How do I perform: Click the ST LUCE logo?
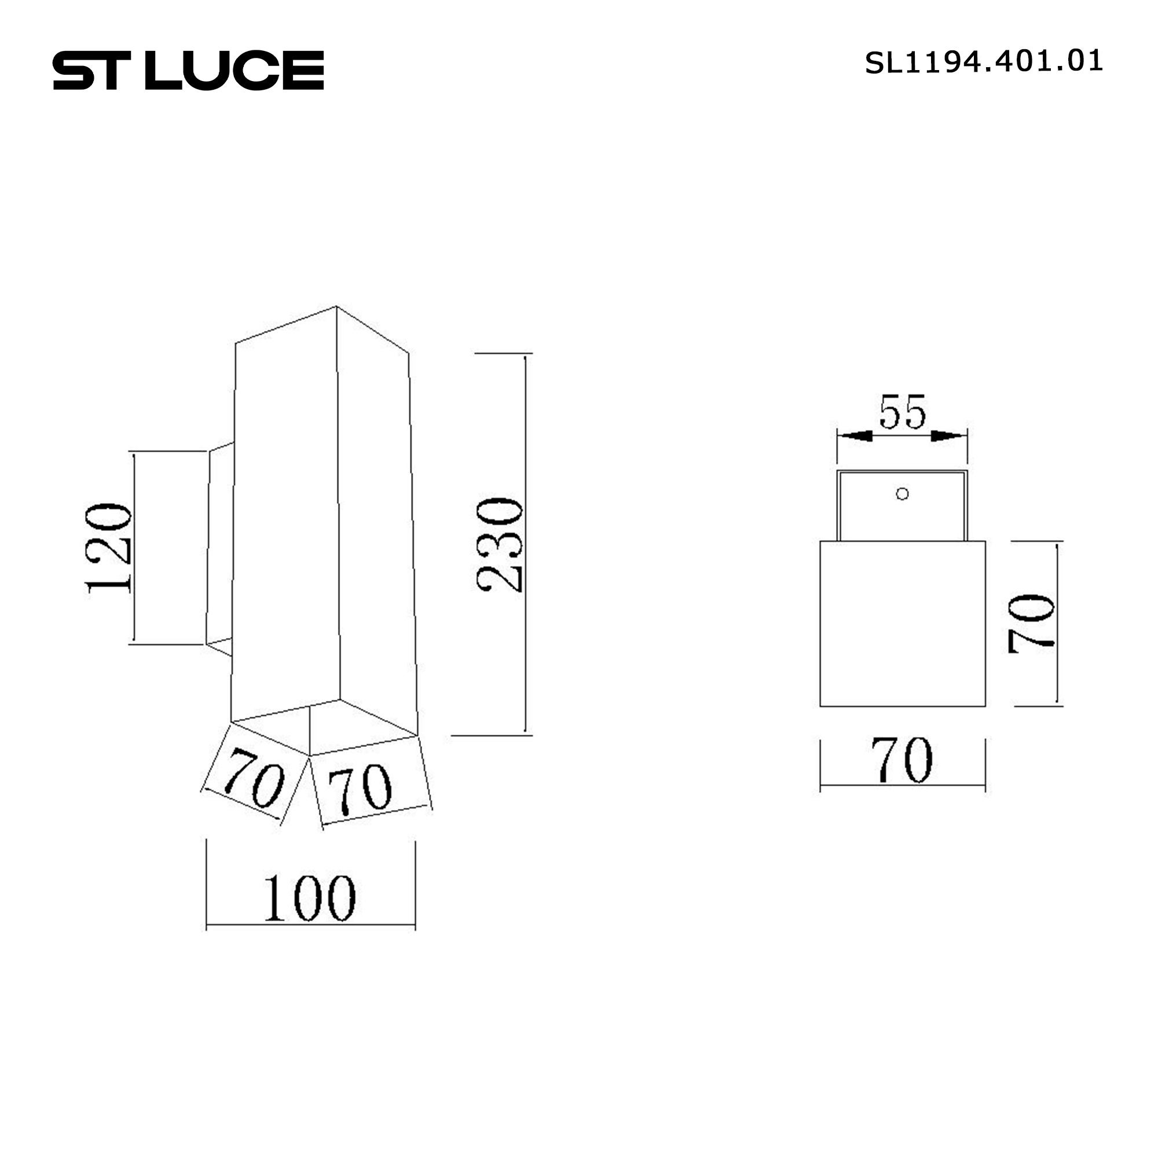[188, 70]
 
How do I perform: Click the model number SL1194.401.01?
[983, 62]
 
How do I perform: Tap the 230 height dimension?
[499, 544]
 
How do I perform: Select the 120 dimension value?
[108, 548]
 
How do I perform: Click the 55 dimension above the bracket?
[903, 412]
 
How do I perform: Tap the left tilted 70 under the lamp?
[254, 778]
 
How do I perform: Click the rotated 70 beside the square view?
[1031, 624]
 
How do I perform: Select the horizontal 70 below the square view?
[902, 760]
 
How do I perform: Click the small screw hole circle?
[902, 494]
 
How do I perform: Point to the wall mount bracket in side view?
[220, 548]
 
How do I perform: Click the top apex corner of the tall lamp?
[336, 307]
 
